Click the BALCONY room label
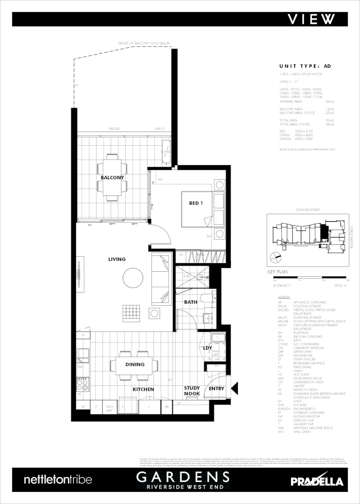click(112, 178)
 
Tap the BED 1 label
click(196, 203)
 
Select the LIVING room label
click(117, 259)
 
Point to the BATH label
click(190, 302)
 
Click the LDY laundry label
click(207, 348)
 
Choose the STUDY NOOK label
click(192, 391)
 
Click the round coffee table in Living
click(133, 279)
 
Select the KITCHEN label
click(143, 389)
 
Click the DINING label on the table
click(135, 364)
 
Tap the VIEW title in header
click(311, 19)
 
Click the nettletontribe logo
click(58, 480)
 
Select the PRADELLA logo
click(317, 481)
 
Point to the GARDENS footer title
click(183, 477)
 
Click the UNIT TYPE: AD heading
click(305, 66)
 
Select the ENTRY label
click(217, 388)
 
